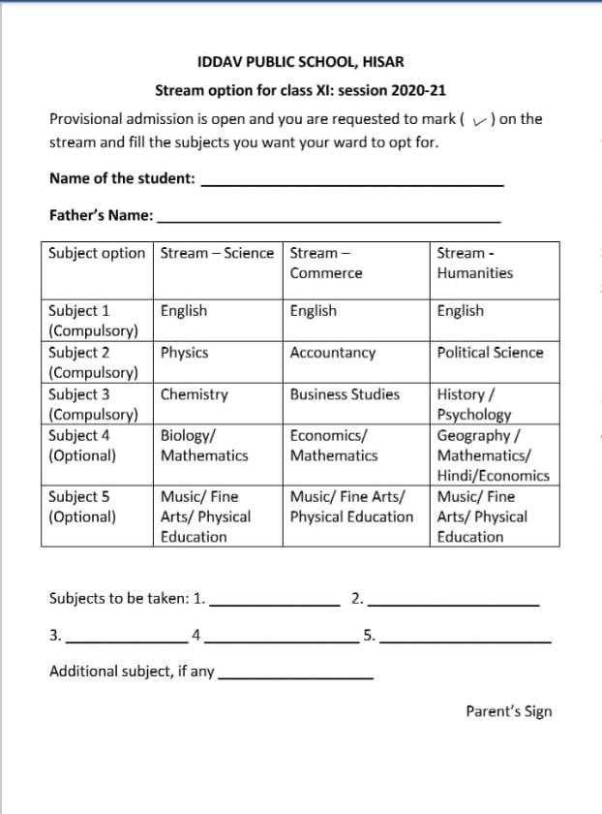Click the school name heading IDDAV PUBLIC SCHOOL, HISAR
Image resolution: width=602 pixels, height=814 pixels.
300,62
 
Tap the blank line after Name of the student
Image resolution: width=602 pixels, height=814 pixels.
353,184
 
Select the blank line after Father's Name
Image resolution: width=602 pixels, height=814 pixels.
329,221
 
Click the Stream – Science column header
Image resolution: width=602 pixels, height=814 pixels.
217,253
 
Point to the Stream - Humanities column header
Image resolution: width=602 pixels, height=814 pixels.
475,263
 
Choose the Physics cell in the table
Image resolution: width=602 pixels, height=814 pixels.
185,353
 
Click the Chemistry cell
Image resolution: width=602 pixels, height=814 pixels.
195,394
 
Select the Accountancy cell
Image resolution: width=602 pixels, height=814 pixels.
332,353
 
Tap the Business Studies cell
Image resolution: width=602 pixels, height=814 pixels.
345,394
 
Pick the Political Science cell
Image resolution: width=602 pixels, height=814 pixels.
490,353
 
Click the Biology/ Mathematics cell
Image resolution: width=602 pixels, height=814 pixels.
204,445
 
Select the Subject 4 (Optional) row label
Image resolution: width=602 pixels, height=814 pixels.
83,445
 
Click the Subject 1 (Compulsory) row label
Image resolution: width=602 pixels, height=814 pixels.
93,321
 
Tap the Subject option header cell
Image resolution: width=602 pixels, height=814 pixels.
97,253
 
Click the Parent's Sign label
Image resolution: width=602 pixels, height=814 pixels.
508,711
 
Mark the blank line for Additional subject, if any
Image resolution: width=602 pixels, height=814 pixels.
296,675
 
